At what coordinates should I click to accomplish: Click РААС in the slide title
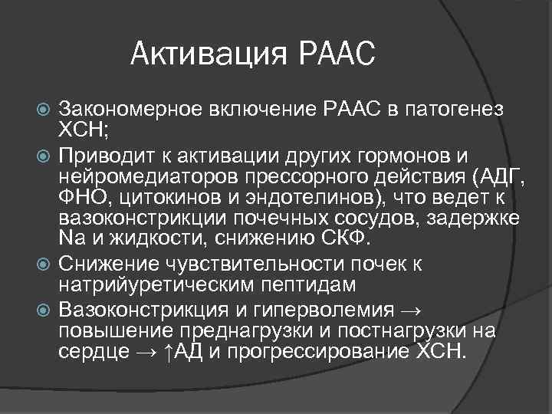[x=335, y=54]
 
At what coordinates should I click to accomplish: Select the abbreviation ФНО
[x=80, y=199]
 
